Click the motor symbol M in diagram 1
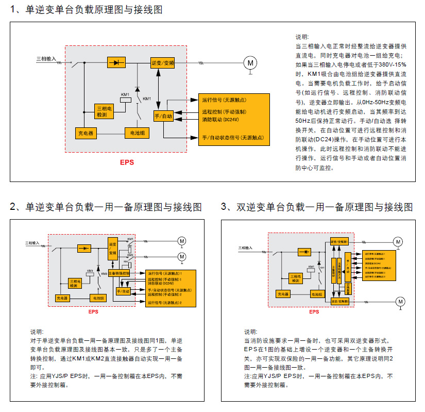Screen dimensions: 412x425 pos(250,62)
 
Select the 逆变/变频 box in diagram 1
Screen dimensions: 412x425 pos(163,62)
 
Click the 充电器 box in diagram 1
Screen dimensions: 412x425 pos(87,133)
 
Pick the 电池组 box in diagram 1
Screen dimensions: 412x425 pos(137,133)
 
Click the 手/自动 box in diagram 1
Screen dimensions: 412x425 pos(164,117)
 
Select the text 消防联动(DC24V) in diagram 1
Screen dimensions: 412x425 pos(220,120)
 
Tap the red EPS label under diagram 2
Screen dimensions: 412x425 pos(93,312)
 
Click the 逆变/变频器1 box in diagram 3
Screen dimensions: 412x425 pos(341,241)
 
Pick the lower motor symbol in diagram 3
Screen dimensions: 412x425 pos(400,301)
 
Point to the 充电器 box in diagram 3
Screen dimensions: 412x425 pos(283,293)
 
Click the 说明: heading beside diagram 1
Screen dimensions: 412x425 pos(302,37)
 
